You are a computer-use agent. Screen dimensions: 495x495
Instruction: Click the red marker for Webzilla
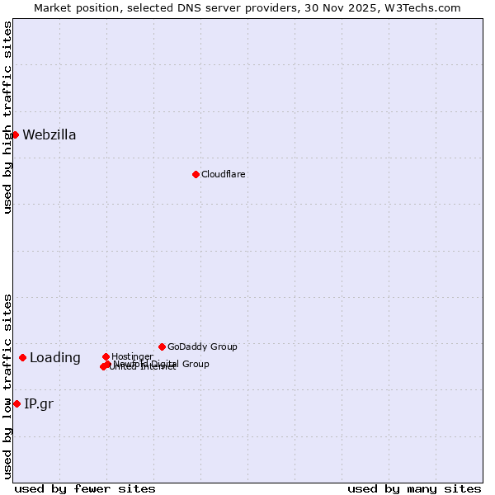(x=15, y=134)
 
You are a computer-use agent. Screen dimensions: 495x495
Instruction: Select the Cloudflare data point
(x=196, y=174)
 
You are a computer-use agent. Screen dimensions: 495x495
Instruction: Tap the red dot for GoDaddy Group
(x=162, y=346)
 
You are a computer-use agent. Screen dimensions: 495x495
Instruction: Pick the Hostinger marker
(x=106, y=356)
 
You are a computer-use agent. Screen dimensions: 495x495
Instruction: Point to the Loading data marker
(x=22, y=357)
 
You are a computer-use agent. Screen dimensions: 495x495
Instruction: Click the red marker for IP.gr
(x=16, y=403)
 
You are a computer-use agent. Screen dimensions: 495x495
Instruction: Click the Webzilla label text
(x=49, y=135)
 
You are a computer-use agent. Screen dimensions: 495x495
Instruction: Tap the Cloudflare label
(x=223, y=174)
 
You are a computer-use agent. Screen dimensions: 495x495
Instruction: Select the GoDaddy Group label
(x=202, y=346)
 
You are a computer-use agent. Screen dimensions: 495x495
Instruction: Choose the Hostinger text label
(x=132, y=356)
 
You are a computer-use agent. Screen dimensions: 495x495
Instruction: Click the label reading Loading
(x=55, y=358)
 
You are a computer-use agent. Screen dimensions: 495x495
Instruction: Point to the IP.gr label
(x=39, y=403)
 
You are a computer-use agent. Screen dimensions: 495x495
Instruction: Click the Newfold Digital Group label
(x=165, y=364)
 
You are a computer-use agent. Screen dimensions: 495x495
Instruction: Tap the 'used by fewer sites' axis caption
(x=85, y=488)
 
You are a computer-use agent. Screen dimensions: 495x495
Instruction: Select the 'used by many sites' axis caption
(x=414, y=488)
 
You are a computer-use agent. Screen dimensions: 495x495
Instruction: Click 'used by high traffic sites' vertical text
(x=7, y=117)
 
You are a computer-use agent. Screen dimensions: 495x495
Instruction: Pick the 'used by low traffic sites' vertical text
(x=7, y=385)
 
